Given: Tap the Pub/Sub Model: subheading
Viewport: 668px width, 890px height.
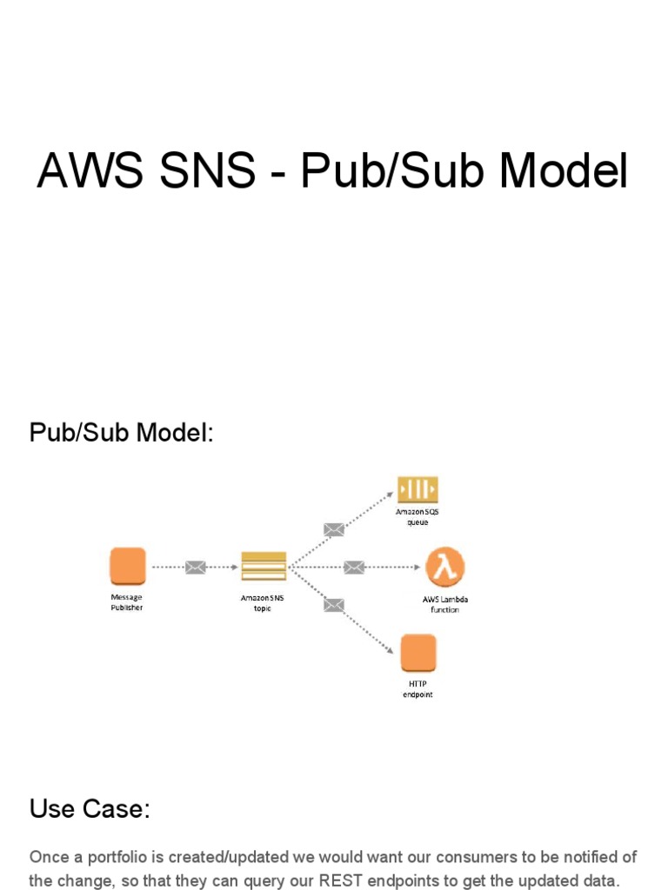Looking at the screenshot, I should (122, 433).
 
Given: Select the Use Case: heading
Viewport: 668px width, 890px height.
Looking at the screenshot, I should (90, 809).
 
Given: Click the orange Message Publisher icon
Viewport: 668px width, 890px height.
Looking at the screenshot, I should (128, 566).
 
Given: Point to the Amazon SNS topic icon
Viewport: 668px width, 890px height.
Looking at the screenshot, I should (263, 566).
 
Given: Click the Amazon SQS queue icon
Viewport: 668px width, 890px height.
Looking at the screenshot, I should (417, 489).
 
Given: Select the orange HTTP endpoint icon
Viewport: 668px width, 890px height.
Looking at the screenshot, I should (418, 653).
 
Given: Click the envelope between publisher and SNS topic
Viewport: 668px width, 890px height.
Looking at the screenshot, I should (196, 568).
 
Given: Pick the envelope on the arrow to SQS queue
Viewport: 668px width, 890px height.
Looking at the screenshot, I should (334, 529).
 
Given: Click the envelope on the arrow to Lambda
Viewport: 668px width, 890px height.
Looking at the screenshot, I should (353, 568).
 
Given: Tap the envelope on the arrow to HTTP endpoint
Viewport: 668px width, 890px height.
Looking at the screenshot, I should (334, 605).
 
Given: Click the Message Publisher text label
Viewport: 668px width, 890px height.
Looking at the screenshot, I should (127, 602).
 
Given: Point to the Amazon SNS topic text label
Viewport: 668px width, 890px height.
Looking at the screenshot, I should (263, 603).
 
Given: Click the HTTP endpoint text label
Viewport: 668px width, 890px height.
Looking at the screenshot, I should (417, 689).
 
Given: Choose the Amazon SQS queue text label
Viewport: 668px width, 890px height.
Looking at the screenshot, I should (417, 517).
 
